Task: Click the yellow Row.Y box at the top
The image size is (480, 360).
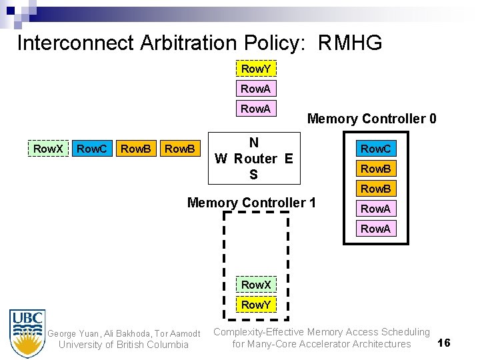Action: [x=256, y=69]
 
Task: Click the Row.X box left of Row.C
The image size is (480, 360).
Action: [x=48, y=149]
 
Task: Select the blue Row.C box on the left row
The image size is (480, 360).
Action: [x=91, y=149]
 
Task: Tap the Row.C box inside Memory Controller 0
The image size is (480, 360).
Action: [x=375, y=149]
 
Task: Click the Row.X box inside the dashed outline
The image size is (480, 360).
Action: [x=256, y=285]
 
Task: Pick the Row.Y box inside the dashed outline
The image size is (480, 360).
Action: [x=256, y=305]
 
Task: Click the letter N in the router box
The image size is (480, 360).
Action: [x=253, y=143]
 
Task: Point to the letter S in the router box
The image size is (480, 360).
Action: [x=253, y=175]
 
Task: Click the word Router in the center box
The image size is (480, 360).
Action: [x=255, y=159]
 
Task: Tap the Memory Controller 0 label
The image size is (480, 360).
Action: [x=371, y=119]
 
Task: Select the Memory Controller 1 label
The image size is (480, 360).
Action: [x=251, y=202]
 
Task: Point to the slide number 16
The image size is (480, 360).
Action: [x=444, y=343]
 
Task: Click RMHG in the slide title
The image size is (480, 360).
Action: [x=350, y=43]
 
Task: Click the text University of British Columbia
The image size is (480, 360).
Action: [x=123, y=345]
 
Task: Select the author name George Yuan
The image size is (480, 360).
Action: [x=71, y=333]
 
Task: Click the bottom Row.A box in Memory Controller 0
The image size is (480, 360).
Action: [x=375, y=229]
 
